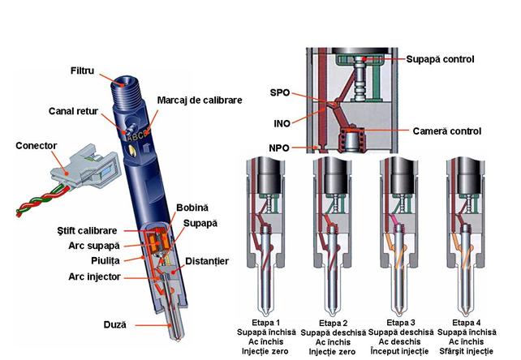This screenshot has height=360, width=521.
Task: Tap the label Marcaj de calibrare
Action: pyautogui.click(x=198, y=100)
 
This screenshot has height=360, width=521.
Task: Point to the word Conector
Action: pyautogui.click(x=37, y=146)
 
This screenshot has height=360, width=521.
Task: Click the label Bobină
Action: pyautogui.click(x=193, y=208)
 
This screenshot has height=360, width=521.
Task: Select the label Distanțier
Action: pyautogui.click(x=208, y=261)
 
